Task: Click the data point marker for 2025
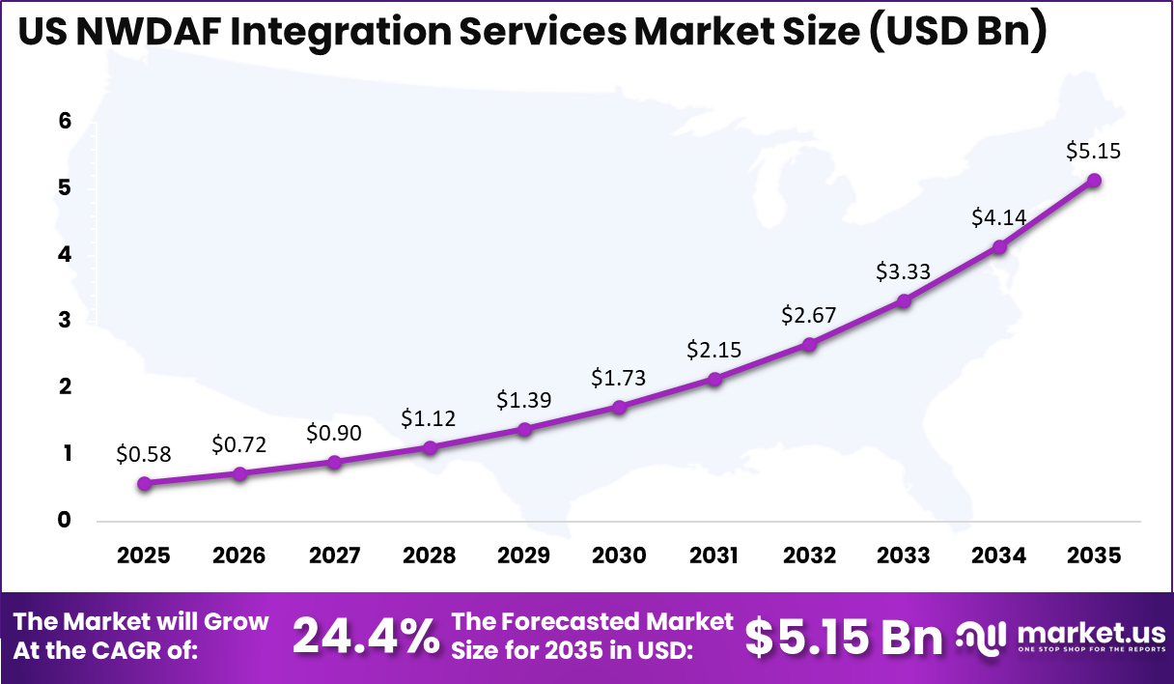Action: pyautogui.click(x=144, y=483)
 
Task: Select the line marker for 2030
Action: pyautogui.click(x=619, y=407)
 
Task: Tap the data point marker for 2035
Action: pyautogui.click(x=1094, y=181)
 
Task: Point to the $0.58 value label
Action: pyautogui.click(x=144, y=454)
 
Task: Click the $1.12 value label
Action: pyautogui.click(x=429, y=418)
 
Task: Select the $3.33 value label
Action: pyautogui.click(x=904, y=271)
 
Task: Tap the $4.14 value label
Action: pyautogui.click(x=998, y=217)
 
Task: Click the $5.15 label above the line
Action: pyautogui.click(x=1093, y=152)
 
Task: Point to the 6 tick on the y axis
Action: pyautogui.click(x=65, y=122)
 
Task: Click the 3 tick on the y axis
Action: pyautogui.click(x=65, y=321)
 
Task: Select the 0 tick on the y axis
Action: pyautogui.click(x=65, y=521)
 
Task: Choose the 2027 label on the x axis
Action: pyautogui.click(x=334, y=556)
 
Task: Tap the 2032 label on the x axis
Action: pyautogui.click(x=809, y=556)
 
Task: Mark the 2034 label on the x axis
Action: pyautogui.click(x=999, y=556)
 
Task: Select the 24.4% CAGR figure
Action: pyautogui.click(x=365, y=636)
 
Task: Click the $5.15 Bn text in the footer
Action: pyautogui.click(x=844, y=636)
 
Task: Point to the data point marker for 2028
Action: pyautogui.click(x=430, y=447)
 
